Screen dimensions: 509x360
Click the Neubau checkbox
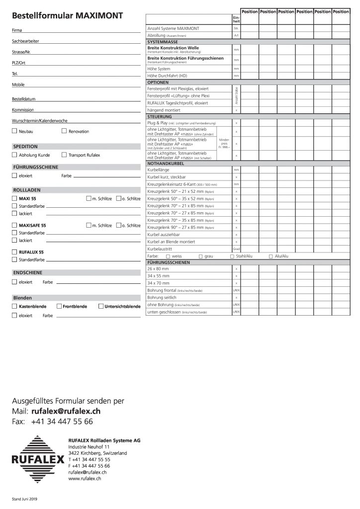tap(14, 131)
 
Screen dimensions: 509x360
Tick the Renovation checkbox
tap(64, 131)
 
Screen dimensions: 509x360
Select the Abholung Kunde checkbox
tap(14, 155)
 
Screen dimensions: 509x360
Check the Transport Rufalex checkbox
tap(64, 155)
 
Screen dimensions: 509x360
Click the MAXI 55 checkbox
tap(14, 198)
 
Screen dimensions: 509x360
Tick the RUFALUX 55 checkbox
tap(14, 252)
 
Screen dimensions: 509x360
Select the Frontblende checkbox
tap(59, 306)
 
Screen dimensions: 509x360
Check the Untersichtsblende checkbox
tap(100, 306)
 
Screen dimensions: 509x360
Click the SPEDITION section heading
tap(25, 147)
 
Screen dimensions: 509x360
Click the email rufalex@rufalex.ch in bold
tap(66, 412)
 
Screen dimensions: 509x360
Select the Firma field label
tap(16, 31)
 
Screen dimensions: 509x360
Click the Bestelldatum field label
tap(23, 99)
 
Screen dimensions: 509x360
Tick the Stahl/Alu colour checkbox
tap(232, 256)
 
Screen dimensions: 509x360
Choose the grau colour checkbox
tap(200, 256)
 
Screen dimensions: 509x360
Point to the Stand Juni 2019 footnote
tap(25, 498)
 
